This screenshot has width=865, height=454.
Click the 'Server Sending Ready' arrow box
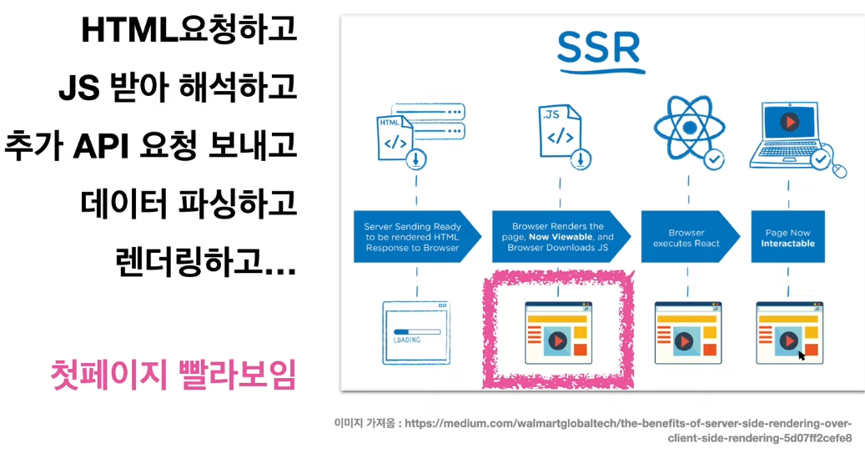417,237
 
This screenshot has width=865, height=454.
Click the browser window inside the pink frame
557,332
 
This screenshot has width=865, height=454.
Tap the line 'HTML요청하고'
189,31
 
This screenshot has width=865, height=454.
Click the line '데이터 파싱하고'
189,203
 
